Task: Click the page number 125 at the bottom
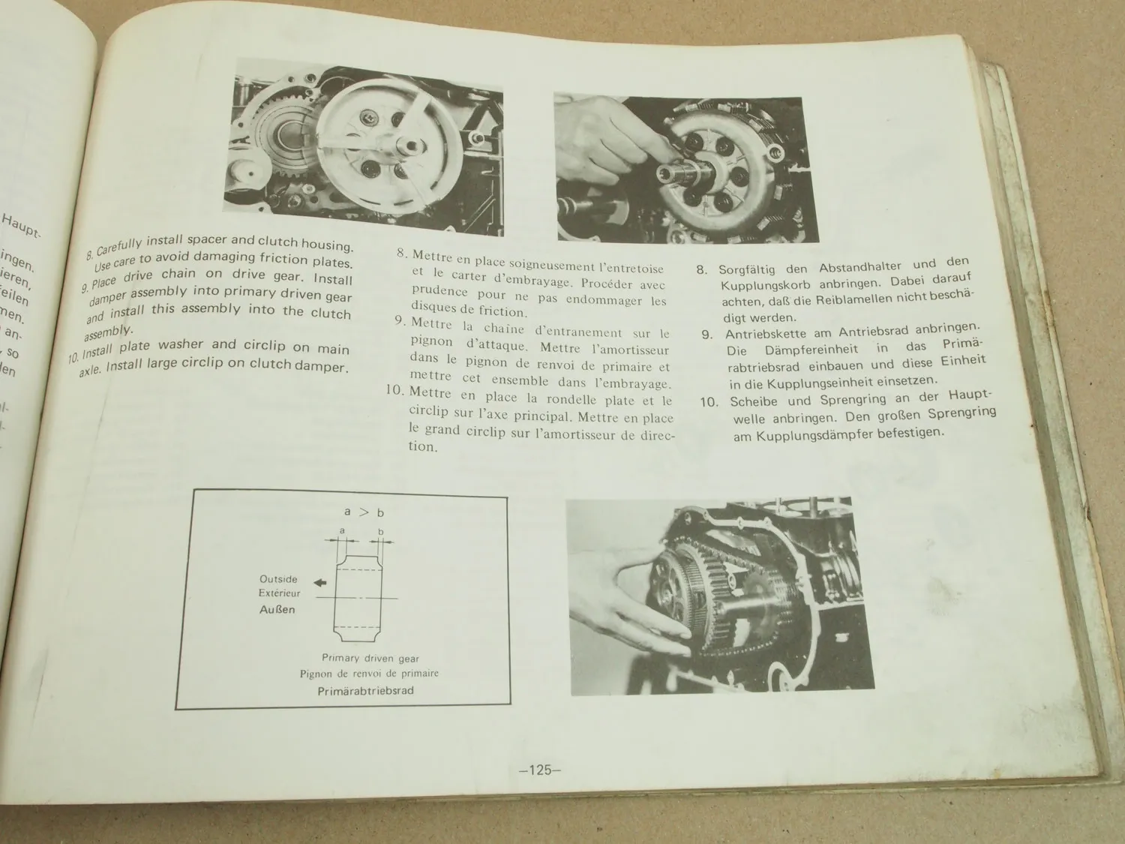540,770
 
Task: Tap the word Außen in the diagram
277,609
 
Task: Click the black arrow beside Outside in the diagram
320,581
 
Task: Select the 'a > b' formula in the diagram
364,512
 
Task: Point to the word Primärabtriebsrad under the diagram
365,690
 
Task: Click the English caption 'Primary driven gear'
370,658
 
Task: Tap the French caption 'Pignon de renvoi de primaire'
369,674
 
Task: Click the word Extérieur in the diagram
278,593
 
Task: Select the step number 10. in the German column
709,401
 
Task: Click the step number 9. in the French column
400,320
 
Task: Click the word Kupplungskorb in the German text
765,286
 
